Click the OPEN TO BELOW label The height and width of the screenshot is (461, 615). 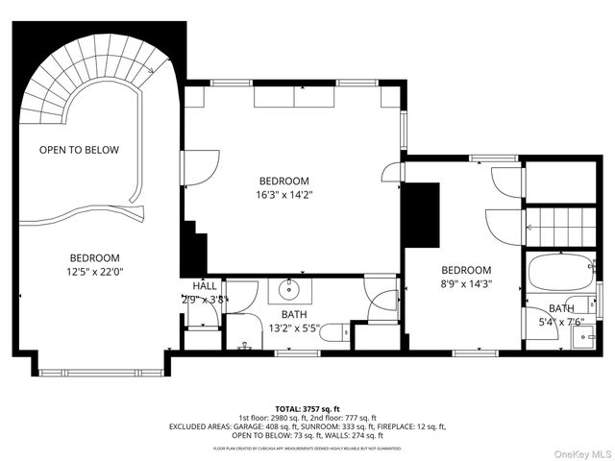pos(79,150)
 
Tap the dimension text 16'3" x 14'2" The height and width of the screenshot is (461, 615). pos(283,195)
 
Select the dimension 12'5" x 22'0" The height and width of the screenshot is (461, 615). pos(94,273)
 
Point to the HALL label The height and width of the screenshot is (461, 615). pos(205,286)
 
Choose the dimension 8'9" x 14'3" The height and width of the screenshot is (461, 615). pos(466,284)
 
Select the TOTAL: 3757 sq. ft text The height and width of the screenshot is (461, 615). pos(307,407)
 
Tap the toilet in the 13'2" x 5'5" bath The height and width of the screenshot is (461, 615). pos(331,333)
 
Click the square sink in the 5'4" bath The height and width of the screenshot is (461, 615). pos(583,336)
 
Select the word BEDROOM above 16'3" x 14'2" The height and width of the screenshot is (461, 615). pos(283,181)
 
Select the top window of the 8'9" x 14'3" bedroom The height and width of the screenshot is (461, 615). pos(493,158)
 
